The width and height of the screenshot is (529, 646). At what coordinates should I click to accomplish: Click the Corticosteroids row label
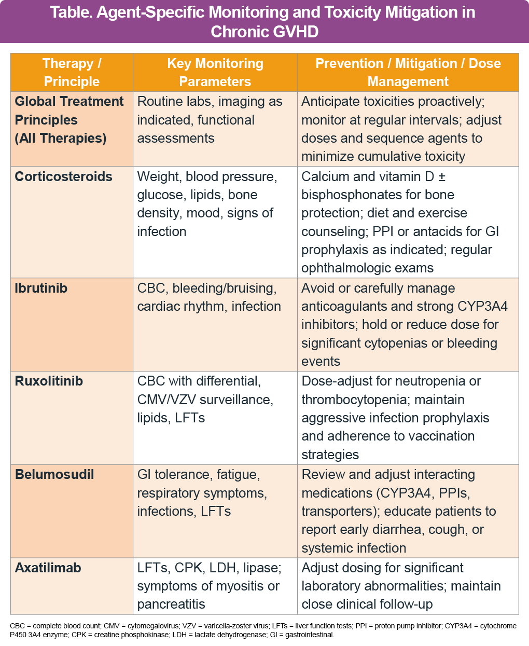[63, 176]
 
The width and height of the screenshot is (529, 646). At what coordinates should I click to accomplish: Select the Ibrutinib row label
[41, 288]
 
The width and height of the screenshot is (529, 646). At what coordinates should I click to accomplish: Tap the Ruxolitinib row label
[49, 381]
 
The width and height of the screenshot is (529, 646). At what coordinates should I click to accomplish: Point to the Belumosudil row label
[54, 474]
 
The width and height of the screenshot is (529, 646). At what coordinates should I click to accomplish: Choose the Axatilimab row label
[48, 568]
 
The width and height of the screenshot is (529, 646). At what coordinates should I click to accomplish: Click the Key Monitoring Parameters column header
[215, 72]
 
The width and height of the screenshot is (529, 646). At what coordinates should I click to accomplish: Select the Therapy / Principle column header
[72, 72]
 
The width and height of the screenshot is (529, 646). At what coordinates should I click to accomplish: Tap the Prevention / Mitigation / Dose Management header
[408, 72]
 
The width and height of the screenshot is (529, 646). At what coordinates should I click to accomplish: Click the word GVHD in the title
[290, 32]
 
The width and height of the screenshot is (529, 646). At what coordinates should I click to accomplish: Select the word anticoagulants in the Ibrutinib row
[344, 306]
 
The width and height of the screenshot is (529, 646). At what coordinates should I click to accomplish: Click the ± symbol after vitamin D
[442, 176]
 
